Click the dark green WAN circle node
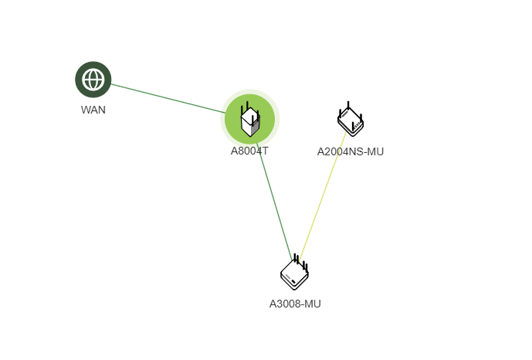coord(93,80)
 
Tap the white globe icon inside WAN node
coord(93,80)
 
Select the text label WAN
coord(93,110)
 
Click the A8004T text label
coord(249,151)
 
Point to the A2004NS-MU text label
coord(350,151)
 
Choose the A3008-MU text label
coord(295,304)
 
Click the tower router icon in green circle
coord(250,119)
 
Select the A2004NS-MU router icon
coord(350,119)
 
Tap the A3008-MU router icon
coord(294,272)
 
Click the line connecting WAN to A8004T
coord(168,98)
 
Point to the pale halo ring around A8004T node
coord(250,91)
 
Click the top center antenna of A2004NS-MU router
coord(348,105)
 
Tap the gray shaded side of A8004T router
coord(255,127)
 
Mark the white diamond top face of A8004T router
coord(249,116)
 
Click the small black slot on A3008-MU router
coord(293,281)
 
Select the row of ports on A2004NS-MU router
coord(357,126)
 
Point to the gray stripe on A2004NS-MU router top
coord(345,114)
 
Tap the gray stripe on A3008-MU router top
coord(288,276)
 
